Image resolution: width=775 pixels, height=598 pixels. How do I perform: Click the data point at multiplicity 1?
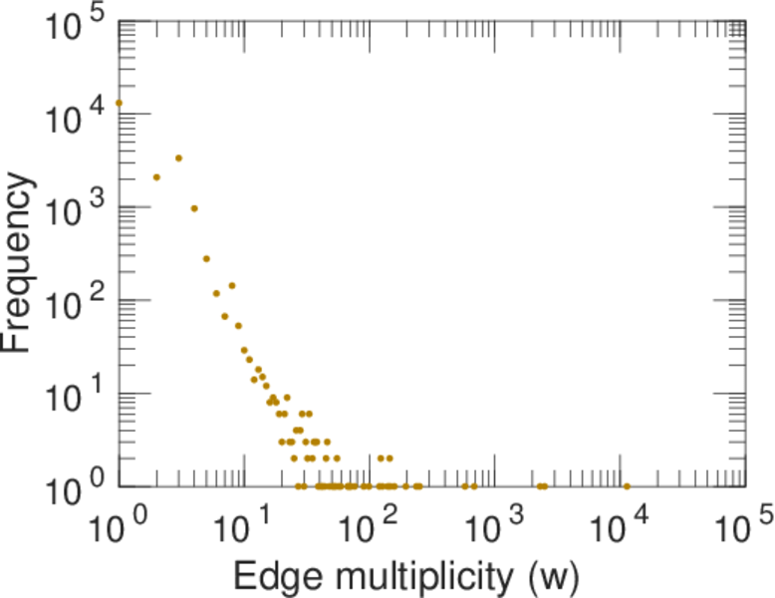(x=119, y=103)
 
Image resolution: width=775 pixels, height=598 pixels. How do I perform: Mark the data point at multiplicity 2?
(x=156, y=177)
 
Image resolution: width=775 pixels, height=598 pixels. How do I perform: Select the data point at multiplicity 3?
(x=178, y=157)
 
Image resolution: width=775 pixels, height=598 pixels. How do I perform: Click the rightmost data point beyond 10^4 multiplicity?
(x=627, y=486)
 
